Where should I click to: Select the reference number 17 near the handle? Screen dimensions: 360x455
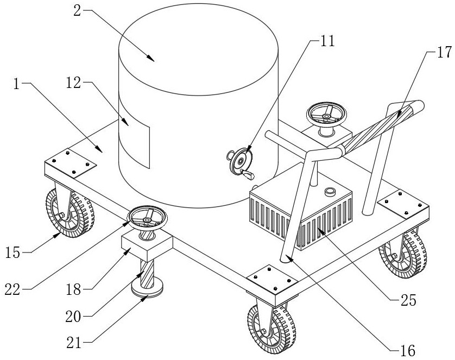(x=444, y=53)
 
